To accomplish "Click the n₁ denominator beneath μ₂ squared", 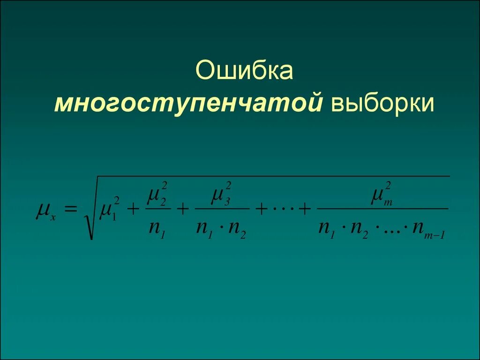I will click(155, 229).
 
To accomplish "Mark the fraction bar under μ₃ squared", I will click(221, 209).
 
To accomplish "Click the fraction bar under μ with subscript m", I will click(382, 209).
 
